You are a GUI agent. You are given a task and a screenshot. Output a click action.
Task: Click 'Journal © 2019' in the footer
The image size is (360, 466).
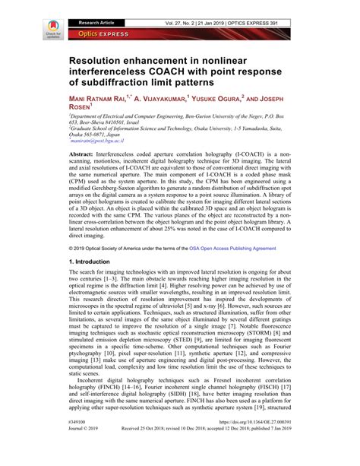coord(86,449)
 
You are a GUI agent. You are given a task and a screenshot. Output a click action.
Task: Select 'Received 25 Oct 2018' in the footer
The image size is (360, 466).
coord(147,449)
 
